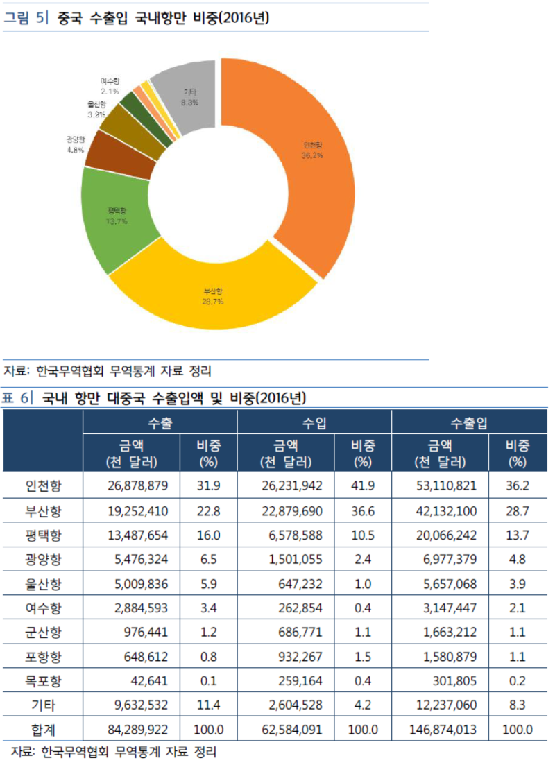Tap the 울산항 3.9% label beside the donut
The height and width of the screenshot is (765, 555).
96,109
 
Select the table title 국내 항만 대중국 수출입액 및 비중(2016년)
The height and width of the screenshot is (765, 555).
173,397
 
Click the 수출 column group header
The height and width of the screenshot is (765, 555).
160,422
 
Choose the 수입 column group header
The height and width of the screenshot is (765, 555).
314,422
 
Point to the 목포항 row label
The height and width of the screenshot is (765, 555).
43,680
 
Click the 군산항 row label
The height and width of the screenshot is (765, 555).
43,632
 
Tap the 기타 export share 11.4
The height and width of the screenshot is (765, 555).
208,705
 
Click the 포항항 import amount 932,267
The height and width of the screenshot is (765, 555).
299,656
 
